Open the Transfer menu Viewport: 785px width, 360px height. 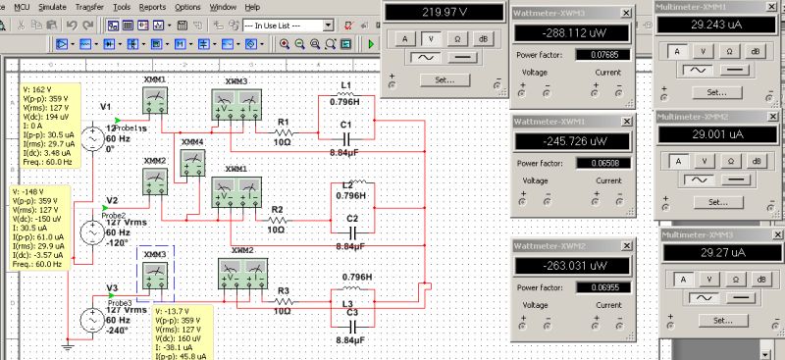coord(88,6)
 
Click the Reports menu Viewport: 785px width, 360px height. coord(152,6)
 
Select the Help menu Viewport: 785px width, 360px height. coord(252,6)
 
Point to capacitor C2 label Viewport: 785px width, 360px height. coord(352,218)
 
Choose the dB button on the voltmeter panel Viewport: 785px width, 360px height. coord(482,37)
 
